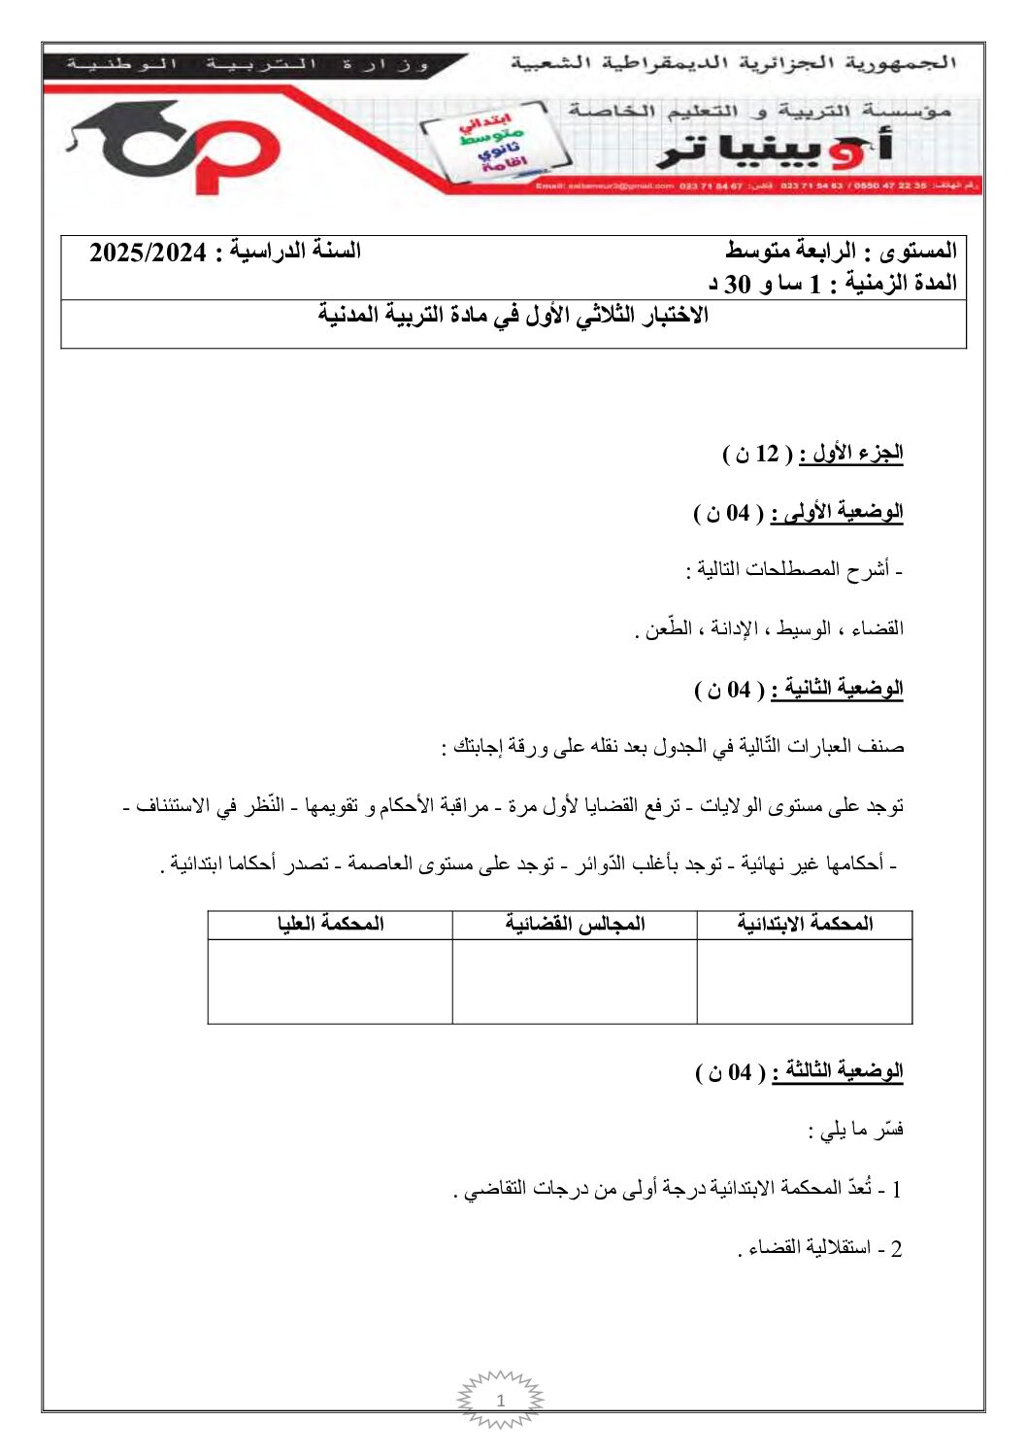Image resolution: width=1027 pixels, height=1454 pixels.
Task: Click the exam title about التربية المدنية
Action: pos(513,315)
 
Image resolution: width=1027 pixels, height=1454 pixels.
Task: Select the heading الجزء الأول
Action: pos(851,454)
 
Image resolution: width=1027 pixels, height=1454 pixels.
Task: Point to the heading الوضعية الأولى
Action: pos(837,512)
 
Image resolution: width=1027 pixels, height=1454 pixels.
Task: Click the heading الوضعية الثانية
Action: pos(837,689)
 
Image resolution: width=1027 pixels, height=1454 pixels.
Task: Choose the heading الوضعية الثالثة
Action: pos(838,1071)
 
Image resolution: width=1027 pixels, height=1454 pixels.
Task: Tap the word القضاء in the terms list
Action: pos(877,628)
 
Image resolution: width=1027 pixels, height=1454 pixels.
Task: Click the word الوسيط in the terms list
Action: pos(802,628)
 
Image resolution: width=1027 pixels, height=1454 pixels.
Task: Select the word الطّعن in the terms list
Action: pos(668,628)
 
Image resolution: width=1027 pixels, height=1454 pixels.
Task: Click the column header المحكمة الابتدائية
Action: pos(805,924)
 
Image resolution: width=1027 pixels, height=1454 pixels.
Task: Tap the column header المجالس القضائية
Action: pos(575,924)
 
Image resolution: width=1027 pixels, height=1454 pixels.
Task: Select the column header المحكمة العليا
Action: pos(330,924)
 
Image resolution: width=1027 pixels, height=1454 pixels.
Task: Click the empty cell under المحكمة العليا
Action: pos(330,981)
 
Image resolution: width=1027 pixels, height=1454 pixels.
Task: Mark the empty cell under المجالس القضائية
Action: pos(575,981)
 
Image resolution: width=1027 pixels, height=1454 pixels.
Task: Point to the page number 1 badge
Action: pos(501,1401)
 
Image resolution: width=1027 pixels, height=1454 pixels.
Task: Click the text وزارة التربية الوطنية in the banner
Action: pos(248,64)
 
